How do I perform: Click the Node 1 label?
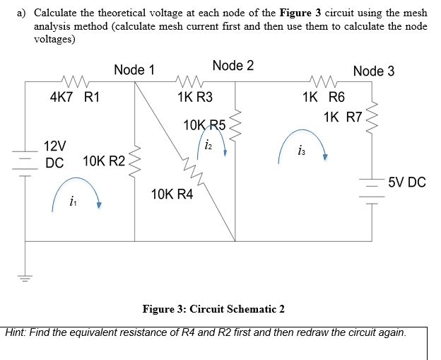coord(134,69)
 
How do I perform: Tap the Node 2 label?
coord(233,66)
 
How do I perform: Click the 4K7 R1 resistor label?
coord(74,98)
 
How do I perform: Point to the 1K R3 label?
coord(196,98)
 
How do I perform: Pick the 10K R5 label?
coord(204,126)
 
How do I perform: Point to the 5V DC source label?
coord(406,183)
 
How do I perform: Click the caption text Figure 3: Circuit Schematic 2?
coord(213,309)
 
